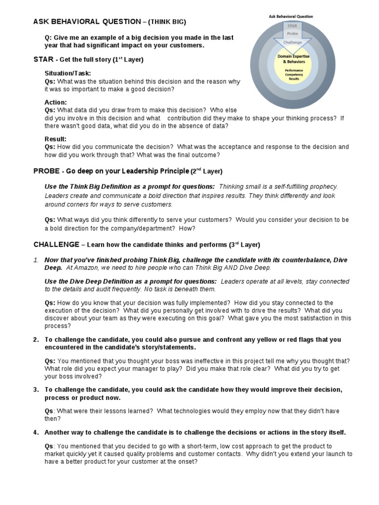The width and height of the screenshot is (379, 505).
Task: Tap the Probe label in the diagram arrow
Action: (293, 34)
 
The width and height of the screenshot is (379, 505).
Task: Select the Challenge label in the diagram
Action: (293, 42)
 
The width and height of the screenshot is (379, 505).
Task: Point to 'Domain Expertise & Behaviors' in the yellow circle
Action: (294, 59)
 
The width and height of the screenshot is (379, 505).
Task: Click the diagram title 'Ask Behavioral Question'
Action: (291, 16)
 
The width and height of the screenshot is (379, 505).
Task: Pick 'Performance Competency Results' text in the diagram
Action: (294, 74)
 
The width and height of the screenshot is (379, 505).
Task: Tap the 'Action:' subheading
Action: (56, 103)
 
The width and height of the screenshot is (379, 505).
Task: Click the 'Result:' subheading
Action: (55, 139)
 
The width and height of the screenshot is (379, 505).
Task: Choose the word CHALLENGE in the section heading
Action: (56, 245)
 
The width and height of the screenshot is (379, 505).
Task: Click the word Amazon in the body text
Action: (86, 268)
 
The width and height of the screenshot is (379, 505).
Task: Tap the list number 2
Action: (36, 339)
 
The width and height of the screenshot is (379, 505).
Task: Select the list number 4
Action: (36, 433)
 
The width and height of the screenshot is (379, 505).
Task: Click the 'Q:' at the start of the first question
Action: (48, 37)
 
